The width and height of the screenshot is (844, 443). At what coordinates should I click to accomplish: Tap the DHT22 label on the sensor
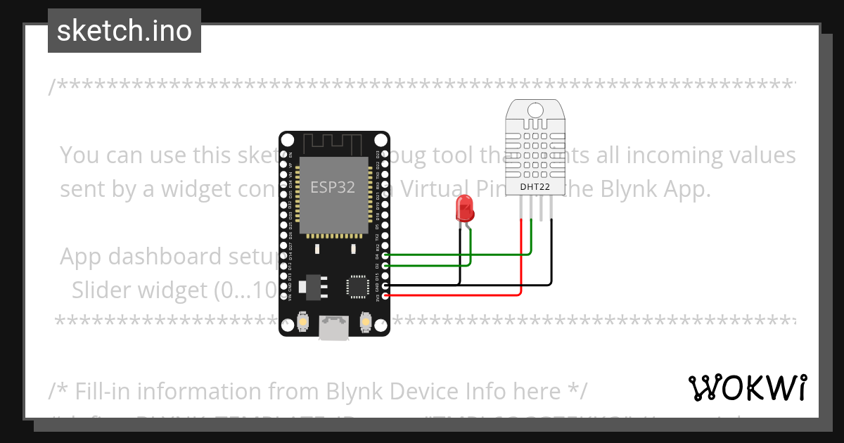pos(535,186)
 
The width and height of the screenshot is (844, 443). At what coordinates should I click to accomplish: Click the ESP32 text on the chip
pos(333,187)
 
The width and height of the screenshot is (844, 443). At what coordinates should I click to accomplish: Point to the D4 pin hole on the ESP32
pos(385,255)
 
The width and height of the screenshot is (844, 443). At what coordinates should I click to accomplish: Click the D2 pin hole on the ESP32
pos(385,265)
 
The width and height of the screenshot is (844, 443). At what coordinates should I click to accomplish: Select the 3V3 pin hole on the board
pos(385,295)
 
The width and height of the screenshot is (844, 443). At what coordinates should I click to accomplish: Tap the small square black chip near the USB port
pos(357,286)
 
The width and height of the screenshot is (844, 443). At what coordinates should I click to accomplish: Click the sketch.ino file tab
pos(124,31)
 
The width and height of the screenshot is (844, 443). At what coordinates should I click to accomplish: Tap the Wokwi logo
pos(748,387)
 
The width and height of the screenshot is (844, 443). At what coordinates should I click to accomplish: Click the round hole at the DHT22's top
pos(535,110)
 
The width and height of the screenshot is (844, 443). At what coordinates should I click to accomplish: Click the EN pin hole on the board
pos(284,153)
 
